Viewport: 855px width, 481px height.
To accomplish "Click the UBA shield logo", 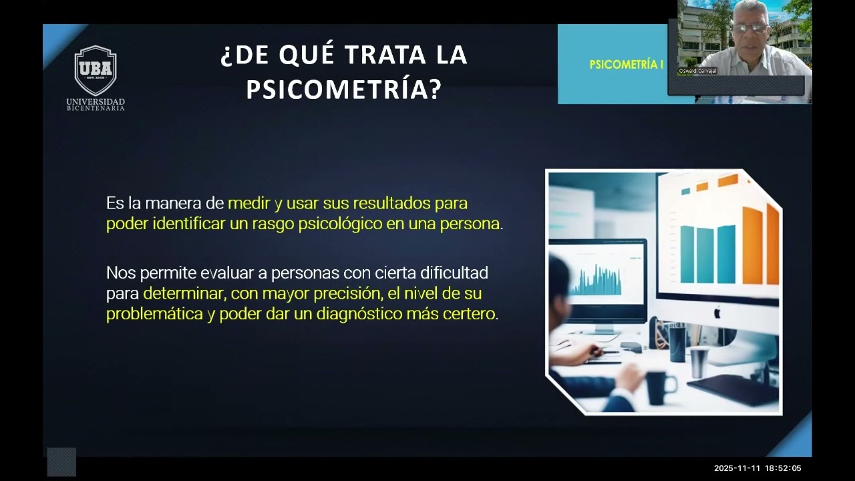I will [x=96, y=70].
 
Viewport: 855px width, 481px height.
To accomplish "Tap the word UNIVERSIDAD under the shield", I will [x=96, y=102].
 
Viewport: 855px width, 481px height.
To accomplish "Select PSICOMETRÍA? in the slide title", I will [x=344, y=90].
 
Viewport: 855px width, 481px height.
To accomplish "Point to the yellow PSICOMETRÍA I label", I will [x=627, y=65].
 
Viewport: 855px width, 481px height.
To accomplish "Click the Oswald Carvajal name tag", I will [x=697, y=71].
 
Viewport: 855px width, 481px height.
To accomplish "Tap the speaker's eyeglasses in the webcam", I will [x=751, y=28].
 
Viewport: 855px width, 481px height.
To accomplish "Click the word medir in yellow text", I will [x=249, y=202].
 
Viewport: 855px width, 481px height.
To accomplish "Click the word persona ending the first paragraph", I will [x=470, y=224].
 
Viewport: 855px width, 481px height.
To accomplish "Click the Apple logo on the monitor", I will [x=718, y=312].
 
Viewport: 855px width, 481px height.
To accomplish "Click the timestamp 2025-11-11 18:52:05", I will [x=757, y=468].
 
